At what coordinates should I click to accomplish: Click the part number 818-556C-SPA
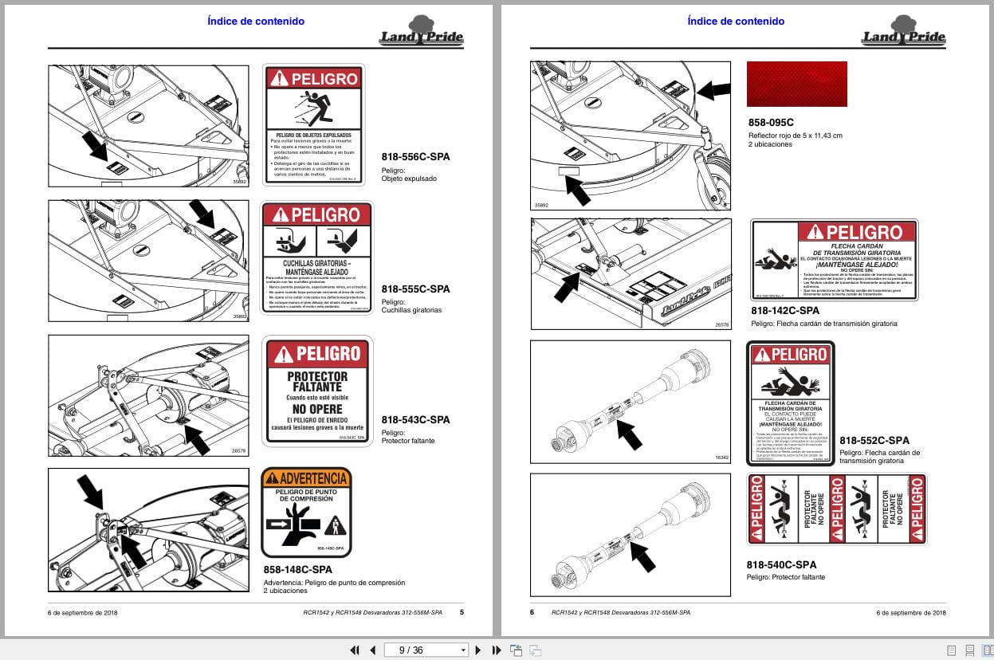coord(415,157)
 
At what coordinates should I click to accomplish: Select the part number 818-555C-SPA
coord(415,289)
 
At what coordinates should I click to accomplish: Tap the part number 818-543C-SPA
coord(415,419)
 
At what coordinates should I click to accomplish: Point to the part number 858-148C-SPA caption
coord(297,569)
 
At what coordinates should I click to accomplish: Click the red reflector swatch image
coord(796,84)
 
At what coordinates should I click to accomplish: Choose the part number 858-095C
coord(771,123)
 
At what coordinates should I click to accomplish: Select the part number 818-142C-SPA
coord(785,310)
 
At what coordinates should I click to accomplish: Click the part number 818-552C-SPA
coord(874,440)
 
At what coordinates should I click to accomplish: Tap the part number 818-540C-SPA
coord(781,564)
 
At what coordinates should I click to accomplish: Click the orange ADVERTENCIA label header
coord(306,478)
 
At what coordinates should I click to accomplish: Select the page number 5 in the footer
coord(462,612)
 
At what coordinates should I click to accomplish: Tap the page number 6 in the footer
coord(532,612)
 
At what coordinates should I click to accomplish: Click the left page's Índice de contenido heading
coord(255,22)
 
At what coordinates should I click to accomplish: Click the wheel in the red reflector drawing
coord(713,184)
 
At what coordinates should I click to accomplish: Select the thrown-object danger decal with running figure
coord(313,128)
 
